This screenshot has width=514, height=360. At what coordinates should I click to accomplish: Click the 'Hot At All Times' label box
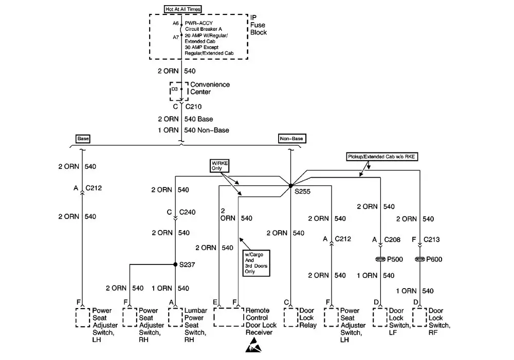pyautogui.click(x=183, y=9)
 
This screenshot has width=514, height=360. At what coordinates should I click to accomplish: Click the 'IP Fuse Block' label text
pyautogui.click(x=258, y=25)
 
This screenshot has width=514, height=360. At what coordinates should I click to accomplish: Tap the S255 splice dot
pyautogui.click(x=290, y=185)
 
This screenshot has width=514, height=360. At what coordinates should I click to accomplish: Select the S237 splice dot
pyautogui.click(x=175, y=265)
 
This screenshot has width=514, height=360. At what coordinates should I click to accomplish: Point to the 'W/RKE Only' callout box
pyautogui.click(x=220, y=165)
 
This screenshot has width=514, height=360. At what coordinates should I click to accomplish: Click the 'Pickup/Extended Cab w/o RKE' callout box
pyautogui.click(x=381, y=156)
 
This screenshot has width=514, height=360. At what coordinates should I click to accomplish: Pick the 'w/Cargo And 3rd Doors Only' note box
pyautogui.click(x=257, y=262)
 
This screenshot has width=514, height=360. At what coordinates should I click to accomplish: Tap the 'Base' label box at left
pyautogui.click(x=83, y=139)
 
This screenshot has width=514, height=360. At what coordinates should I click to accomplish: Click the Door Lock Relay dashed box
pyautogui.click(x=290, y=317)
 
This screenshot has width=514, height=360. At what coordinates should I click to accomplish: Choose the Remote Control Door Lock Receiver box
pyautogui.click(x=228, y=317)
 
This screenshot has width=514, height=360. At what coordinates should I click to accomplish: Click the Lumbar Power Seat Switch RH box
pyautogui.click(x=175, y=317)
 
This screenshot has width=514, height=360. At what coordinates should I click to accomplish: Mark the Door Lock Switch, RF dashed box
pyautogui.click(x=420, y=317)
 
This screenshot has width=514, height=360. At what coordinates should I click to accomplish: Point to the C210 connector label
pyautogui.click(x=193, y=107)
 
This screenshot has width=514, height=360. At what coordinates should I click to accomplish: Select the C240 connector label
pyautogui.click(x=188, y=212)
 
